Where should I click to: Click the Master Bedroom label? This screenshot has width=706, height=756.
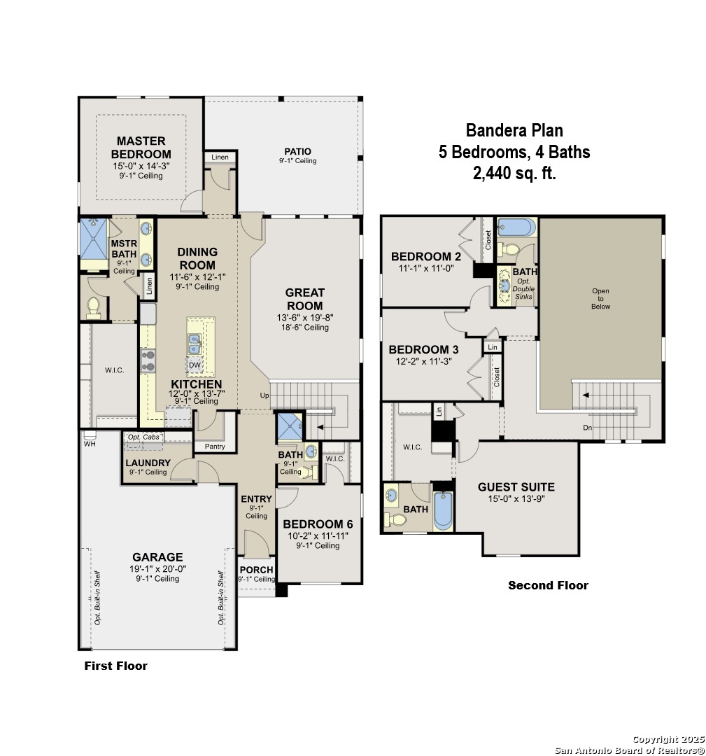(141, 148)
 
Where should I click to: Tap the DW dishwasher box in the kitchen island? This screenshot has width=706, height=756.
(195, 365)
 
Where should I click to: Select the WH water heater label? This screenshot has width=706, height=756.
(90, 444)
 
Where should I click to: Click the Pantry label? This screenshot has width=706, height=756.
(215, 447)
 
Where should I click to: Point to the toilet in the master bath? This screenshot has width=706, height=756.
(94, 307)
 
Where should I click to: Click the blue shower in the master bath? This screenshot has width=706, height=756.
(94, 239)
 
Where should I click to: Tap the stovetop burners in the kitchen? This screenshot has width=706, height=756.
(148, 361)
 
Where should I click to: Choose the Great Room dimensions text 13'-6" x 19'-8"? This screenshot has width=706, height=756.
(305, 318)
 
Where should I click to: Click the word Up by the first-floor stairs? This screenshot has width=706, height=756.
(264, 395)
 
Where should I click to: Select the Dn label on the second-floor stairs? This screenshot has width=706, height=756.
(588, 428)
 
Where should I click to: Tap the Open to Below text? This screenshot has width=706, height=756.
(600, 298)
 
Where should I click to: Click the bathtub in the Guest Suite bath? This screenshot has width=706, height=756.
(443, 510)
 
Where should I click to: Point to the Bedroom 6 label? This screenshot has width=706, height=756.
(318, 524)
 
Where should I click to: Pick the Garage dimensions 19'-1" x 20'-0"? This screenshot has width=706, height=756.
(157, 569)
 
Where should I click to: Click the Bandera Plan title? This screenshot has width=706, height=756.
(514, 130)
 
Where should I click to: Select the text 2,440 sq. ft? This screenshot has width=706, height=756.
(514, 173)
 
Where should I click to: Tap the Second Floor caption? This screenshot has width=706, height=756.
(548, 585)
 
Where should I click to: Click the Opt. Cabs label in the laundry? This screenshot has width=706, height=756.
(143, 437)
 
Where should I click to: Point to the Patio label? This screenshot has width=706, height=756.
(298, 151)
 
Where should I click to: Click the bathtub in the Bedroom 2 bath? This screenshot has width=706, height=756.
(516, 227)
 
